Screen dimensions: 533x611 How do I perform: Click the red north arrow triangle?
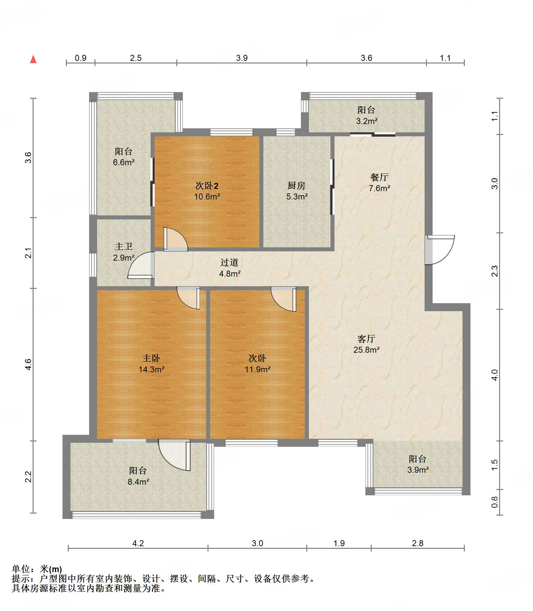pyautogui.click(x=33, y=59)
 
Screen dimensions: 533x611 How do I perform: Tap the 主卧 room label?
pyautogui.click(x=151, y=358)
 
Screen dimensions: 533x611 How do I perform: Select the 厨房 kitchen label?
pyautogui.click(x=296, y=185)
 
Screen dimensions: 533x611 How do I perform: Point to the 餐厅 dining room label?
pyautogui.click(x=379, y=177)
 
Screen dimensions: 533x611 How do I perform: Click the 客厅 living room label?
pyautogui.click(x=366, y=338)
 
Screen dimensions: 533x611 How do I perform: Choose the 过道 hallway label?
pyautogui.click(x=229, y=262)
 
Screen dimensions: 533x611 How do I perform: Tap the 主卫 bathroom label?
pyautogui.click(x=124, y=246)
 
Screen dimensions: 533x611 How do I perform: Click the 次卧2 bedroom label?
pyautogui.click(x=207, y=185)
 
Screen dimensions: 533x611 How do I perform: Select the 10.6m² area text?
pyautogui.click(x=207, y=196)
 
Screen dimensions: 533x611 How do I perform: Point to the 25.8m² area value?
pyautogui.click(x=366, y=350)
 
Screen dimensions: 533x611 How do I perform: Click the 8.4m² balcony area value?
pyautogui.click(x=138, y=482)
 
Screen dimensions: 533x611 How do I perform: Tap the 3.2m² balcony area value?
pyautogui.click(x=367, y=121)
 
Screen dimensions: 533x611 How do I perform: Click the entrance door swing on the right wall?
pyautogui.click(x=440, y=250)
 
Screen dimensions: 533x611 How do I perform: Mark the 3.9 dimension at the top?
pyautogui.click(x=242, y=58)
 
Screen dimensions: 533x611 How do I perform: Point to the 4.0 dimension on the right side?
pyautogui.click(x=495, y=375)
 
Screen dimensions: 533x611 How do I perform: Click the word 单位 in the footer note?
pyautogui.click(x=21, y=569)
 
